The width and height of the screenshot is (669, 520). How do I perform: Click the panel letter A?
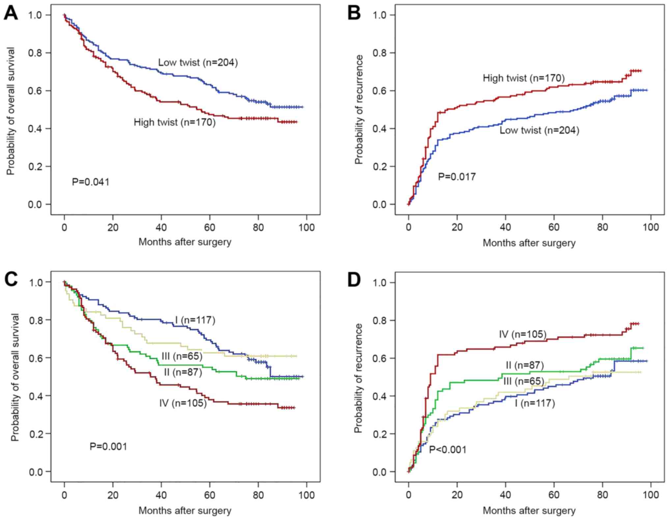11,14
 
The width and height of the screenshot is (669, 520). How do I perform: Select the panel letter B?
354,14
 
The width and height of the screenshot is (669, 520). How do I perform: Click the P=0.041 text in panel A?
91,182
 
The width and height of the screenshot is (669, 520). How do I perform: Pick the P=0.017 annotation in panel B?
457,177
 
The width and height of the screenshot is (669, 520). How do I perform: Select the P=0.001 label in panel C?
108,446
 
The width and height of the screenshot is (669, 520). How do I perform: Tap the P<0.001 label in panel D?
448,449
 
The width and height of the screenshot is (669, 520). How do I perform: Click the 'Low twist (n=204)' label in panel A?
198,62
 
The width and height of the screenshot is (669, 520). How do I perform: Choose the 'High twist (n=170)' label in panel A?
175,122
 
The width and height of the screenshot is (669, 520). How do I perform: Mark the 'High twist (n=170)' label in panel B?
524,78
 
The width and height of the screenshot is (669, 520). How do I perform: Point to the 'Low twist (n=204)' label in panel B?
539,130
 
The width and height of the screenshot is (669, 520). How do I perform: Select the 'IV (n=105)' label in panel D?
522,334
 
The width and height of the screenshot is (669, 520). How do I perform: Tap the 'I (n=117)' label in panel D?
535,403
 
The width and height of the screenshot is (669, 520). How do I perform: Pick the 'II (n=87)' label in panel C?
183,372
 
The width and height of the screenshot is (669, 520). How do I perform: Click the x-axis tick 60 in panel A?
209,227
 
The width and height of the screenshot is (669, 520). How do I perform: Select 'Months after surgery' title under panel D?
529,510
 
